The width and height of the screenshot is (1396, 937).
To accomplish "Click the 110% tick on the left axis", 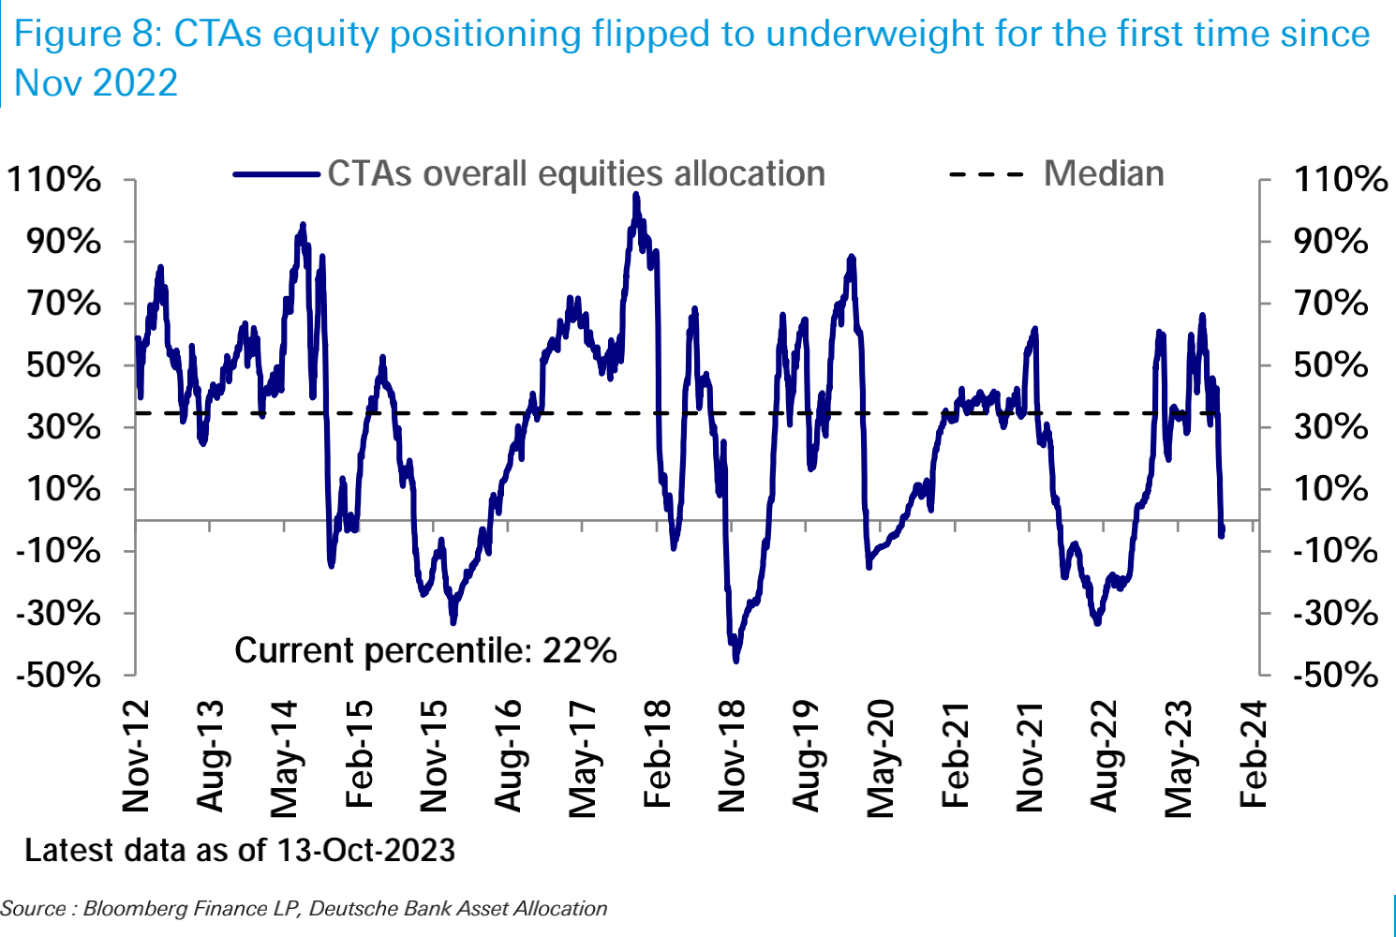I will click(54, 179).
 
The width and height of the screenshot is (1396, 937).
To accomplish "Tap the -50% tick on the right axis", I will click(1334, 675).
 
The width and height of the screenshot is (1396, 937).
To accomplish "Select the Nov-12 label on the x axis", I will click(137, 755).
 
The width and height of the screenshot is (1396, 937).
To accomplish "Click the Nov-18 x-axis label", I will click(733, 755).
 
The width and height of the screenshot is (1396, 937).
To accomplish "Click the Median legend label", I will click(1104, 174).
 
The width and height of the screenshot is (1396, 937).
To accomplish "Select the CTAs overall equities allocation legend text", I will click(576, 174).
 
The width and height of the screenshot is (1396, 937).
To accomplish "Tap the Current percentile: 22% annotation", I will click(425, 650).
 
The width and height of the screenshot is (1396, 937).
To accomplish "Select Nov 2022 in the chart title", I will click(96, 82).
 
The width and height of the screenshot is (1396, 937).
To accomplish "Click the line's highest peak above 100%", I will click(635, 195).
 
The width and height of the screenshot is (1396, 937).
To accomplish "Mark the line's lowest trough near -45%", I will click(736, 661).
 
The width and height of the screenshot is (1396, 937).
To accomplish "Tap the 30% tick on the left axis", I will click(64, 427).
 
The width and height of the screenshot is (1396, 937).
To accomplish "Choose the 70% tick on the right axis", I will click(1330, 304).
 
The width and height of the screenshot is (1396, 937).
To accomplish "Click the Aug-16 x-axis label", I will click(508, 755).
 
